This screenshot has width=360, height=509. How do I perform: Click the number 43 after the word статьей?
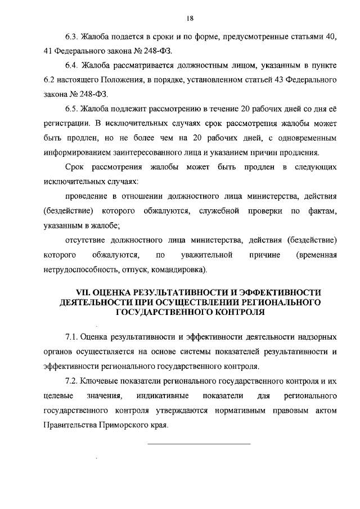tap(260, 80)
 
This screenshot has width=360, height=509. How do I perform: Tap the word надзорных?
tap(318, 337)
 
